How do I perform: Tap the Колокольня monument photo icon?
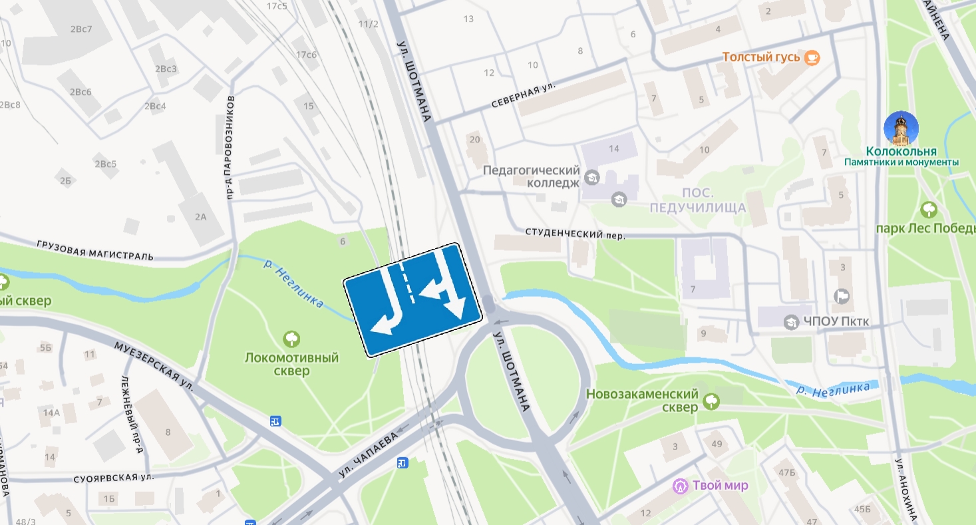click(901, 128)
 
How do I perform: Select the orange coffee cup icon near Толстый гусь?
click(812, 58)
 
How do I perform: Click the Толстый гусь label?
click(761, 57)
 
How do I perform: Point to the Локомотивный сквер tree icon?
click(291, 339)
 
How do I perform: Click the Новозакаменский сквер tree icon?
click(711, 401)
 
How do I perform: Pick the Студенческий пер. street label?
click(575, 234)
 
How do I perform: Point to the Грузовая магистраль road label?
click(95, 251)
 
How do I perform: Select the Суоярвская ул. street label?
click(114, 478)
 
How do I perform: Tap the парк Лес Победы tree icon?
click(928, 210)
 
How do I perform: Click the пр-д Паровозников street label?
click(230, 148)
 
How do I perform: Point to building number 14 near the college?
click(613, 148)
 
